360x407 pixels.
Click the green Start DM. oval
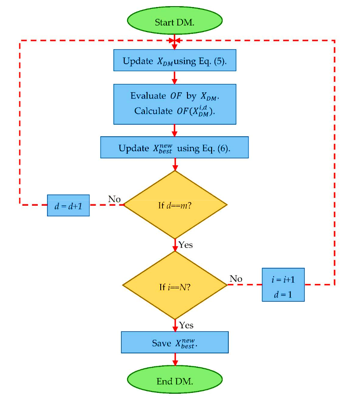175,21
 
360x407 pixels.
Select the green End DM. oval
175,379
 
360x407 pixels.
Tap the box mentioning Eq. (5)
175,60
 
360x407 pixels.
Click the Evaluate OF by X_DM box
175,104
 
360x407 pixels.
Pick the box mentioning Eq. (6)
174,147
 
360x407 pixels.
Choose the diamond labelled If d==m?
175,204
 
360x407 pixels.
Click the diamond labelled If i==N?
175,285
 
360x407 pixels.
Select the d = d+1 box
68,205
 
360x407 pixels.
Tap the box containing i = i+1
283,285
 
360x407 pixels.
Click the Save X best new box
175,342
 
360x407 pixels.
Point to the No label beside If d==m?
114,199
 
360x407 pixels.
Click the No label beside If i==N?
236,279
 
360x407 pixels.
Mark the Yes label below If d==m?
186,245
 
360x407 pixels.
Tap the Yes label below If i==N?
186,325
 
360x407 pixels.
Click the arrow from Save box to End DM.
175,360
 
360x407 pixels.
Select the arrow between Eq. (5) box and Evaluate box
174,78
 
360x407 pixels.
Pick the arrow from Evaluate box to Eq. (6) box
174,131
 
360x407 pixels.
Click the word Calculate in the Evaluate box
153,111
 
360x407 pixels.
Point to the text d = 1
283,294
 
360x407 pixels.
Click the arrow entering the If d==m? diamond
175,164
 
